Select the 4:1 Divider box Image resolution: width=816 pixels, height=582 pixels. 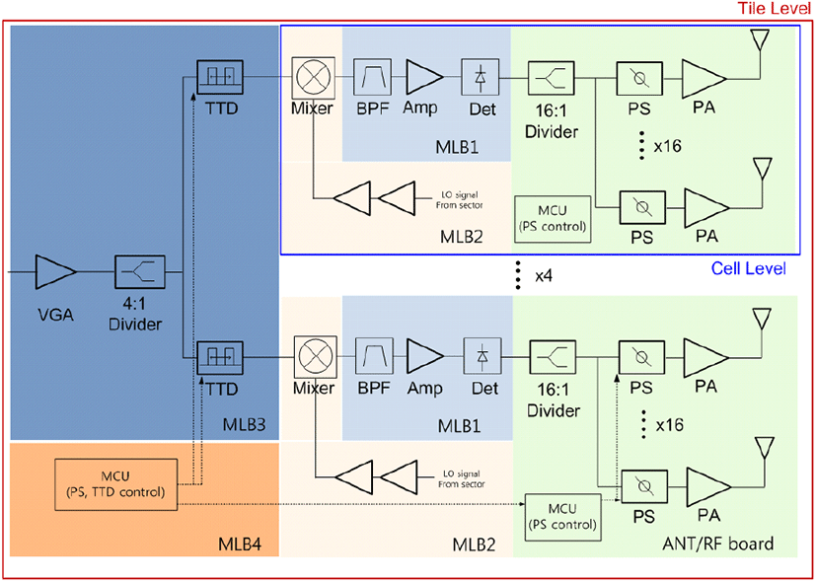click(139, 271)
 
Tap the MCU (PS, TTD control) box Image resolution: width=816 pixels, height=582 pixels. click(115, 483)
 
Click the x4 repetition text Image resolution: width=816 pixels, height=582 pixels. click(546, 275)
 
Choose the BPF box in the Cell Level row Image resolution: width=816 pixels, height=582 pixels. click(373, 77)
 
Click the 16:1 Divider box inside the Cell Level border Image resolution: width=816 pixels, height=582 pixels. click(551, 78)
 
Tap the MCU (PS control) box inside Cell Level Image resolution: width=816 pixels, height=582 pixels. click(554, 219)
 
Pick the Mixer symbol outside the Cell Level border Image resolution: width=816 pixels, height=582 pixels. click(314, 355)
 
